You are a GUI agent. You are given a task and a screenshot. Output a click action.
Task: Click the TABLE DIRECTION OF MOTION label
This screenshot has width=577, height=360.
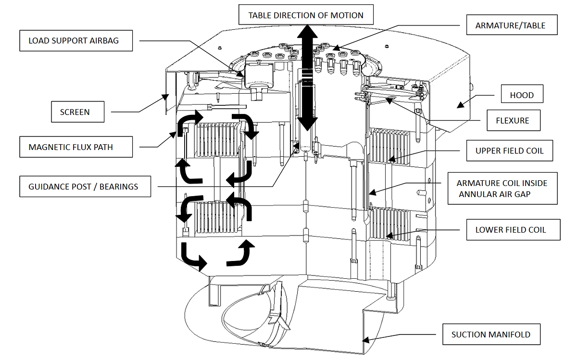[306, 15]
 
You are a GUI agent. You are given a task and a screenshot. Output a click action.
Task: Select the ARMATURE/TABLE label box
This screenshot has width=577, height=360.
[511, 25]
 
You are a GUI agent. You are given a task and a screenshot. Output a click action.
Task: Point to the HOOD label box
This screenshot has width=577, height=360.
[522, 95]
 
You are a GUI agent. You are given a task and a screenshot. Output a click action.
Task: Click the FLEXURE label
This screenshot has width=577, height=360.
[513, 121]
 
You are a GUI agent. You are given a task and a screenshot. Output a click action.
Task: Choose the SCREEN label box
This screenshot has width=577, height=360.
[75, 112]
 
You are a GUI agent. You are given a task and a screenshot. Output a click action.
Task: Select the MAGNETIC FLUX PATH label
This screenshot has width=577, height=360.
[75, 147]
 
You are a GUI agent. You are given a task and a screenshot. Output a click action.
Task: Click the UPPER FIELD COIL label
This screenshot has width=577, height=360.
[510, 150]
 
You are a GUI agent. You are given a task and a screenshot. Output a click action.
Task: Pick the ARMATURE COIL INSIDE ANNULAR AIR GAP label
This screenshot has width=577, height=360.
[502, 188]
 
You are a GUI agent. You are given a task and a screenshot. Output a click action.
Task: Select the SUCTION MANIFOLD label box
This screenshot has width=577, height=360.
[491, 335]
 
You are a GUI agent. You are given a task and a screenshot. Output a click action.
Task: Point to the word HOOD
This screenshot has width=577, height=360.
[522, 95]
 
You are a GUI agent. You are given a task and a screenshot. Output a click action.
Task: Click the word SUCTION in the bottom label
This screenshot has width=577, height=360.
[470, 335]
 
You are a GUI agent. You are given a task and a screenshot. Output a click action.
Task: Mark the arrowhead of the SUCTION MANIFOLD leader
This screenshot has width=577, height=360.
[364, 340]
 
